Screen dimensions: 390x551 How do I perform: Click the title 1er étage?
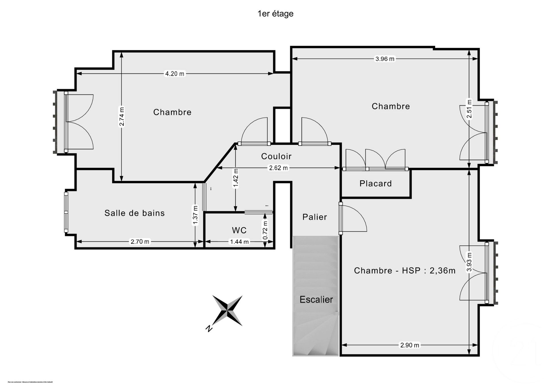click(x=275, y=14)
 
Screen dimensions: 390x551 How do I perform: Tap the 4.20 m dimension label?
click(x=174, y=74)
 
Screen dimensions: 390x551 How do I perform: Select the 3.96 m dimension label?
click(x=385, y=59)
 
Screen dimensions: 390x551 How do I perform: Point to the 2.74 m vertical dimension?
click(x=122, y=116)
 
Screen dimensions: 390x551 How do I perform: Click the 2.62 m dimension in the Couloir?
click(x=278, y=168)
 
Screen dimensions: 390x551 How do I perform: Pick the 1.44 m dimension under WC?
click(x=239, y=242)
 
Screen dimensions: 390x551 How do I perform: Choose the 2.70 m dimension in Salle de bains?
click(x=140, y=242)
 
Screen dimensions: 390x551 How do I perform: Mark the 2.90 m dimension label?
click(x=410, y=345)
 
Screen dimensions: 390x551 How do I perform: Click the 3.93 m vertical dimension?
click(x=469, y=262)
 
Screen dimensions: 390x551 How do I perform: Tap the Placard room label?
click(x=375, y=184)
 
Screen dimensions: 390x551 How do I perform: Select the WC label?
click(x=239, y=230)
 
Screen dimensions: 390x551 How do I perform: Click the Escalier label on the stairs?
click(x=316, y=300)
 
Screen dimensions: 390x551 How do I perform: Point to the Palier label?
click(x=315, y=217)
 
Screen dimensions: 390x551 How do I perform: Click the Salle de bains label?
click(x=135, y=213)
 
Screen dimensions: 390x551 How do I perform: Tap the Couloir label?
click(x=276, y=156)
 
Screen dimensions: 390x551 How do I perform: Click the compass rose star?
click(x=227, y=310)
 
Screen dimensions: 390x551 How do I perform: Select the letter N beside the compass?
click(x=209, y=329)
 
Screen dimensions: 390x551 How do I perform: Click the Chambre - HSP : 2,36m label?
click(x=404, y=271)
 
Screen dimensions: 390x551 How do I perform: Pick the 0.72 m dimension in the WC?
click(x=265, y=230)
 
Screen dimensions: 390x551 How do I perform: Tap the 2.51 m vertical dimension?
click(x=469, y=109)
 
